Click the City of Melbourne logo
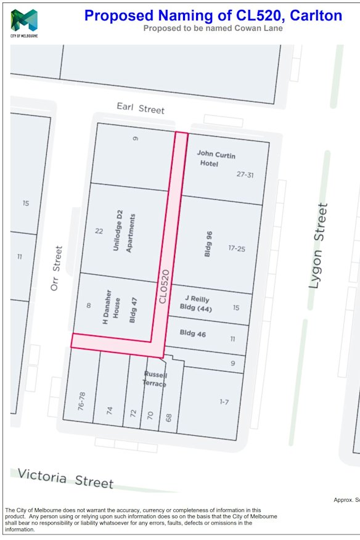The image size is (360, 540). click(24, 23)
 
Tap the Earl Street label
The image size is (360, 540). click(141, 108)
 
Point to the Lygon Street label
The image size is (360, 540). click(317, 245)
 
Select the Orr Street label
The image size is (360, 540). click(57, 269)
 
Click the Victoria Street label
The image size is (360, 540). click(65, 477)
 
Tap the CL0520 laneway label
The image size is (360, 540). click(163, 285)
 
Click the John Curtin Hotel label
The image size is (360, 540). click(216, 158)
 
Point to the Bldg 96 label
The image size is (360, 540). click(209, 245)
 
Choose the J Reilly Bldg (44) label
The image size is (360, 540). click(195, 303)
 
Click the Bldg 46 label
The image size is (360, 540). click(193, 333)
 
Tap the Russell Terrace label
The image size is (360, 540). click(155, 379)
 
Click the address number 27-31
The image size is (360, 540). click(245, 174)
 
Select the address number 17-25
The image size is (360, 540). click(237, 248)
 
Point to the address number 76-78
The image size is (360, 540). click(81, 401)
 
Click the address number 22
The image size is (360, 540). click(99, 231)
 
